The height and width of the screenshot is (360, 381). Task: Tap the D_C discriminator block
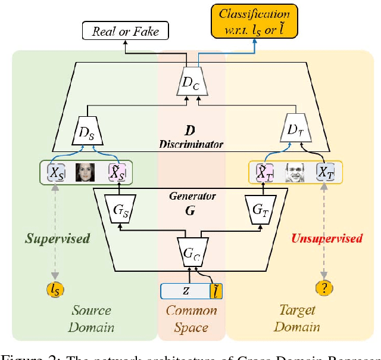[x=191, y=83]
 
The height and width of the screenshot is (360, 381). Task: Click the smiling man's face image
[x=295, y=172]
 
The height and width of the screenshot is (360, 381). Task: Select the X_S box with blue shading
[x=57, y=173]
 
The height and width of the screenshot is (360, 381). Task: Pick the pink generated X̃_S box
[x=117, y=173]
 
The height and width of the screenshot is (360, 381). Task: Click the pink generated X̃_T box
[x=263, y=172]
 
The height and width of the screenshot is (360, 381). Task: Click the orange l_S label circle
[x=55, y=290]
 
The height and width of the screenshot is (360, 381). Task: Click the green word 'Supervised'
[x=57, y=238]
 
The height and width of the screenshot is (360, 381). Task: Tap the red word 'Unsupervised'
[x=327, y=238]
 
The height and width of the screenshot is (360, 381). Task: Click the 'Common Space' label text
[x=191, y=319]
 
